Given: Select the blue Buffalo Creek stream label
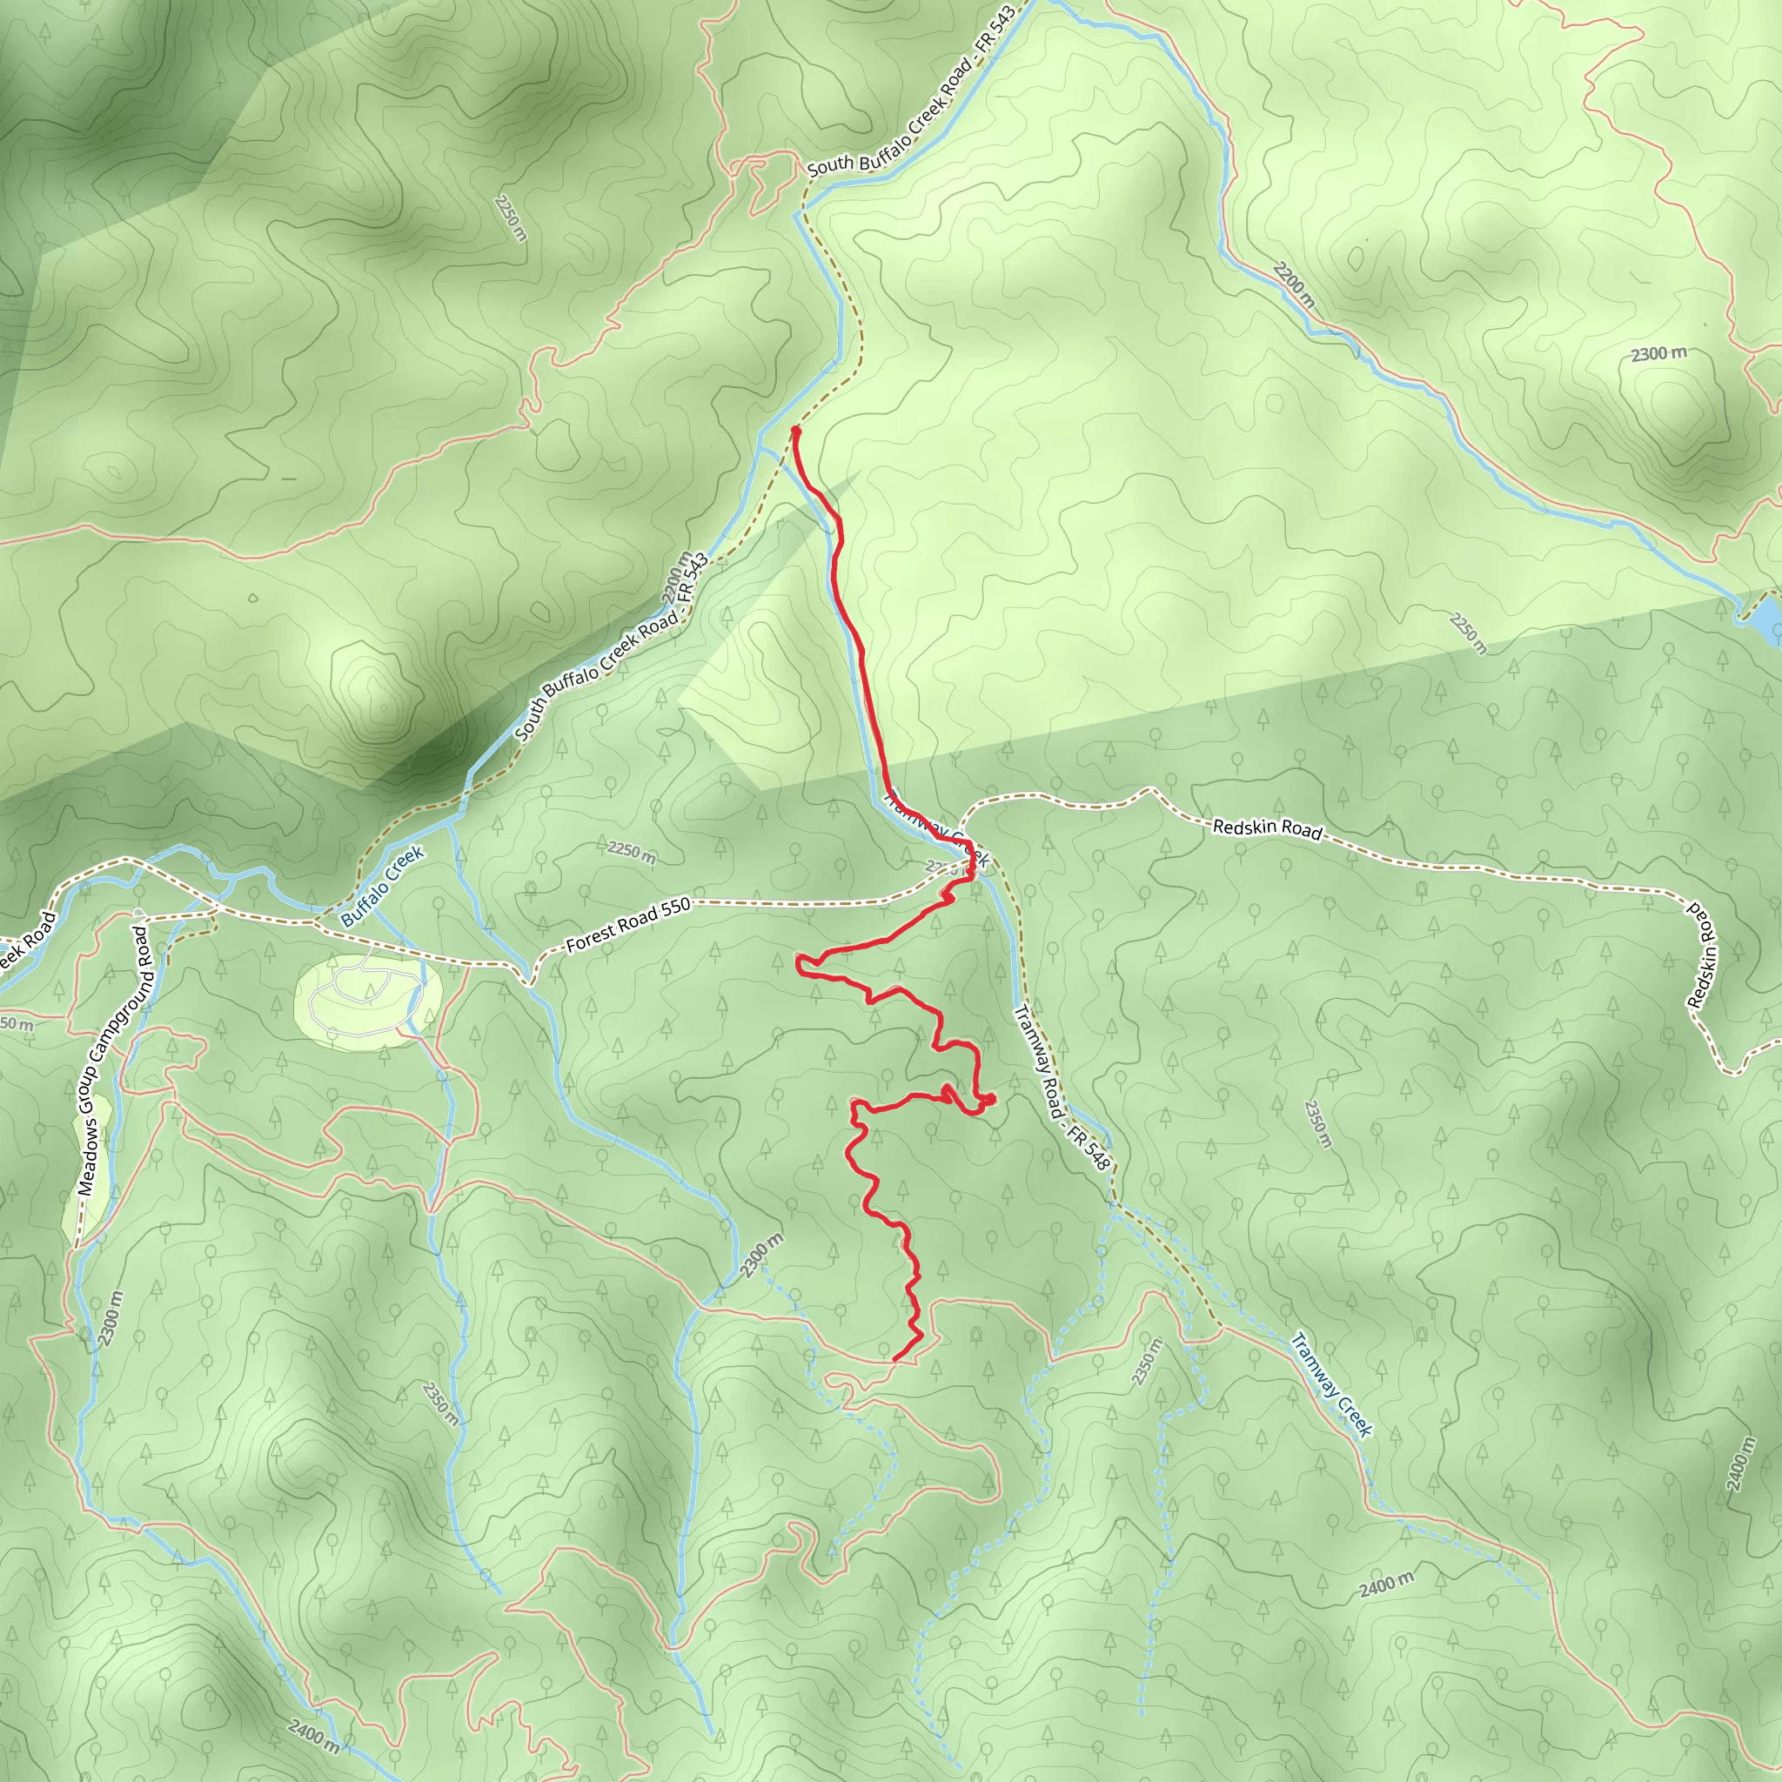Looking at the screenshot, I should click(x=382, y=886).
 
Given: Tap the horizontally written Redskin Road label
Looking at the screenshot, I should click(x=1266, y=827).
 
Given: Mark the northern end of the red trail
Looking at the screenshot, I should click(x=795, y=430).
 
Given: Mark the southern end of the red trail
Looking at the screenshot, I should click(x=895, y=1358).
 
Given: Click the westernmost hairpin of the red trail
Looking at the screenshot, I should click(x=799, y=963).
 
